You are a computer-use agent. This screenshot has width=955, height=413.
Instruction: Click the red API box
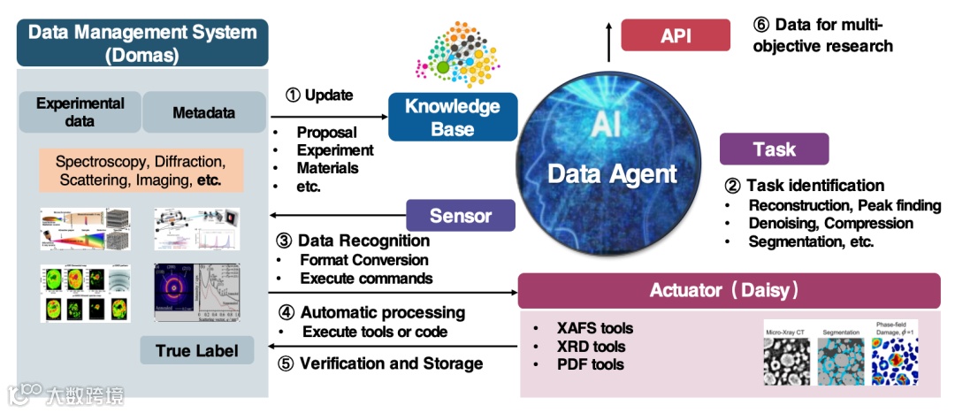coord(676,35)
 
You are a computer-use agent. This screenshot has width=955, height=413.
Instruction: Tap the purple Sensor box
coord(460,215)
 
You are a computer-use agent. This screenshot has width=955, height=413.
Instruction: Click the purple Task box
coord(774,149)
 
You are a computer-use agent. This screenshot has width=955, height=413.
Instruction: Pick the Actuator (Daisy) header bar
coord(729,289)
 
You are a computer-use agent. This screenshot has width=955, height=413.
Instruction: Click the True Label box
coord(195,350)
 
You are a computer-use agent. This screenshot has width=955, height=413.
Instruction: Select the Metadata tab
coord(204,112)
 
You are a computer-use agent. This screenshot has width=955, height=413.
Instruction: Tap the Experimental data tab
coord(80,112)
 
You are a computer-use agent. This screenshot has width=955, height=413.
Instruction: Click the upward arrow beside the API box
coord(608,36)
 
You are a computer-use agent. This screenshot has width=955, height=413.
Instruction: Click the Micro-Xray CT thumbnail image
coord(789,363)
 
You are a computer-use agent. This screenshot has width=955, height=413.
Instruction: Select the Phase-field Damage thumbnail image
coord(895,363)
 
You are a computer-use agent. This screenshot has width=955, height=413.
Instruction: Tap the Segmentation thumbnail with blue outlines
coord(842,363)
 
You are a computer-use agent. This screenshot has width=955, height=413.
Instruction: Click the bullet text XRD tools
coord(592,347)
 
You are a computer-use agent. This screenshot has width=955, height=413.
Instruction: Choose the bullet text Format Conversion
coord(363,260)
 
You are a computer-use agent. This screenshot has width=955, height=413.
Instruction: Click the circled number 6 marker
coord(759,24)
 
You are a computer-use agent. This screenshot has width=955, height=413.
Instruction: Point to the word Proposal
coord(326,133)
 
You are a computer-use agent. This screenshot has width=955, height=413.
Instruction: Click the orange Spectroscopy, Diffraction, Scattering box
coord(141,172)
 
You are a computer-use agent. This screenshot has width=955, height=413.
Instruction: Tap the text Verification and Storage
coord(391,363)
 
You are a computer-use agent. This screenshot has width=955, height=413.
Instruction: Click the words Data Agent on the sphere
coord(611,173)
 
